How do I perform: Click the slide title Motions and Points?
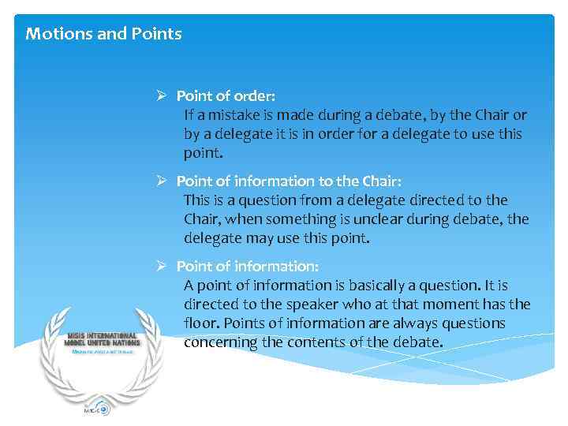(103, 34)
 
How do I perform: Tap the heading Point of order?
(226, 96)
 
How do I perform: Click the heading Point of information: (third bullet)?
(247, 267)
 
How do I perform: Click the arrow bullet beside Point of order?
(160, 96)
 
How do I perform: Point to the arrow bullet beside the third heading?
(160, 267)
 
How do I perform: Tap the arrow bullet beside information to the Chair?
(160, 181)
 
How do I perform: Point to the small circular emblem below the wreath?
(103, 409)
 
